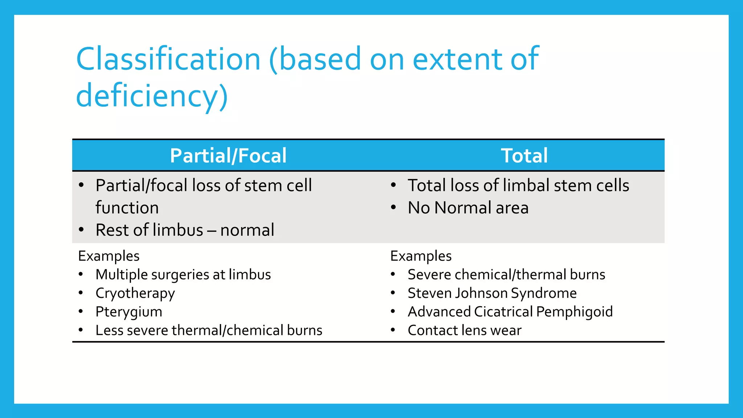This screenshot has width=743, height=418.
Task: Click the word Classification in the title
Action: (x=168, y=59)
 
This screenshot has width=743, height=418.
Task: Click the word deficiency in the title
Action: (x=147, y=96)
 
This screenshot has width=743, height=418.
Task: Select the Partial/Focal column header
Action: (x=228, y=156)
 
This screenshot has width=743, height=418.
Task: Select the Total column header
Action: (x=524, y=156)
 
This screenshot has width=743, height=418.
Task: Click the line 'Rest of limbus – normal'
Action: (x=185, y=230)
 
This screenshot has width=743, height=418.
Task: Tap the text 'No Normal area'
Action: (x=468, y=208)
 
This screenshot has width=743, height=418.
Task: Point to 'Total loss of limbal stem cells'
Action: (x=518, y=185)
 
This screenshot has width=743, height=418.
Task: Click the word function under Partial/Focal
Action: (x=127, y=208)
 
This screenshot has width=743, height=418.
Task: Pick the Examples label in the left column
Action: (x=109, y=256)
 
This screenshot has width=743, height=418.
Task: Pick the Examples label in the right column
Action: (x=421, y=256)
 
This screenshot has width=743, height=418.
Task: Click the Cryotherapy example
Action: (x=135, y=293)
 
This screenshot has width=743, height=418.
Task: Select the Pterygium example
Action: (x=129, y=312)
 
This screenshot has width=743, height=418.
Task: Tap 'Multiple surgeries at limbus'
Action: (x=183, y=275)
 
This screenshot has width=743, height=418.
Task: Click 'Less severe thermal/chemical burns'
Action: (x=209, y=331)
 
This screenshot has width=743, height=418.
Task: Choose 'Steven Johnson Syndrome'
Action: (x=492, y=293)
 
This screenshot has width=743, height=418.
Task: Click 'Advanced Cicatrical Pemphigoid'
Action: (x=510, y=312)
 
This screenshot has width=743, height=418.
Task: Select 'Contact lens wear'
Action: (x=464, y=331)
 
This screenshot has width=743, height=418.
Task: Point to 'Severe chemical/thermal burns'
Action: (x=506, y=275)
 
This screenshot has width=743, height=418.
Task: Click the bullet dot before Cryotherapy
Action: (x=81, y=292)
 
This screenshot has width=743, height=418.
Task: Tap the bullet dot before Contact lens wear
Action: (x=393, y=330)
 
